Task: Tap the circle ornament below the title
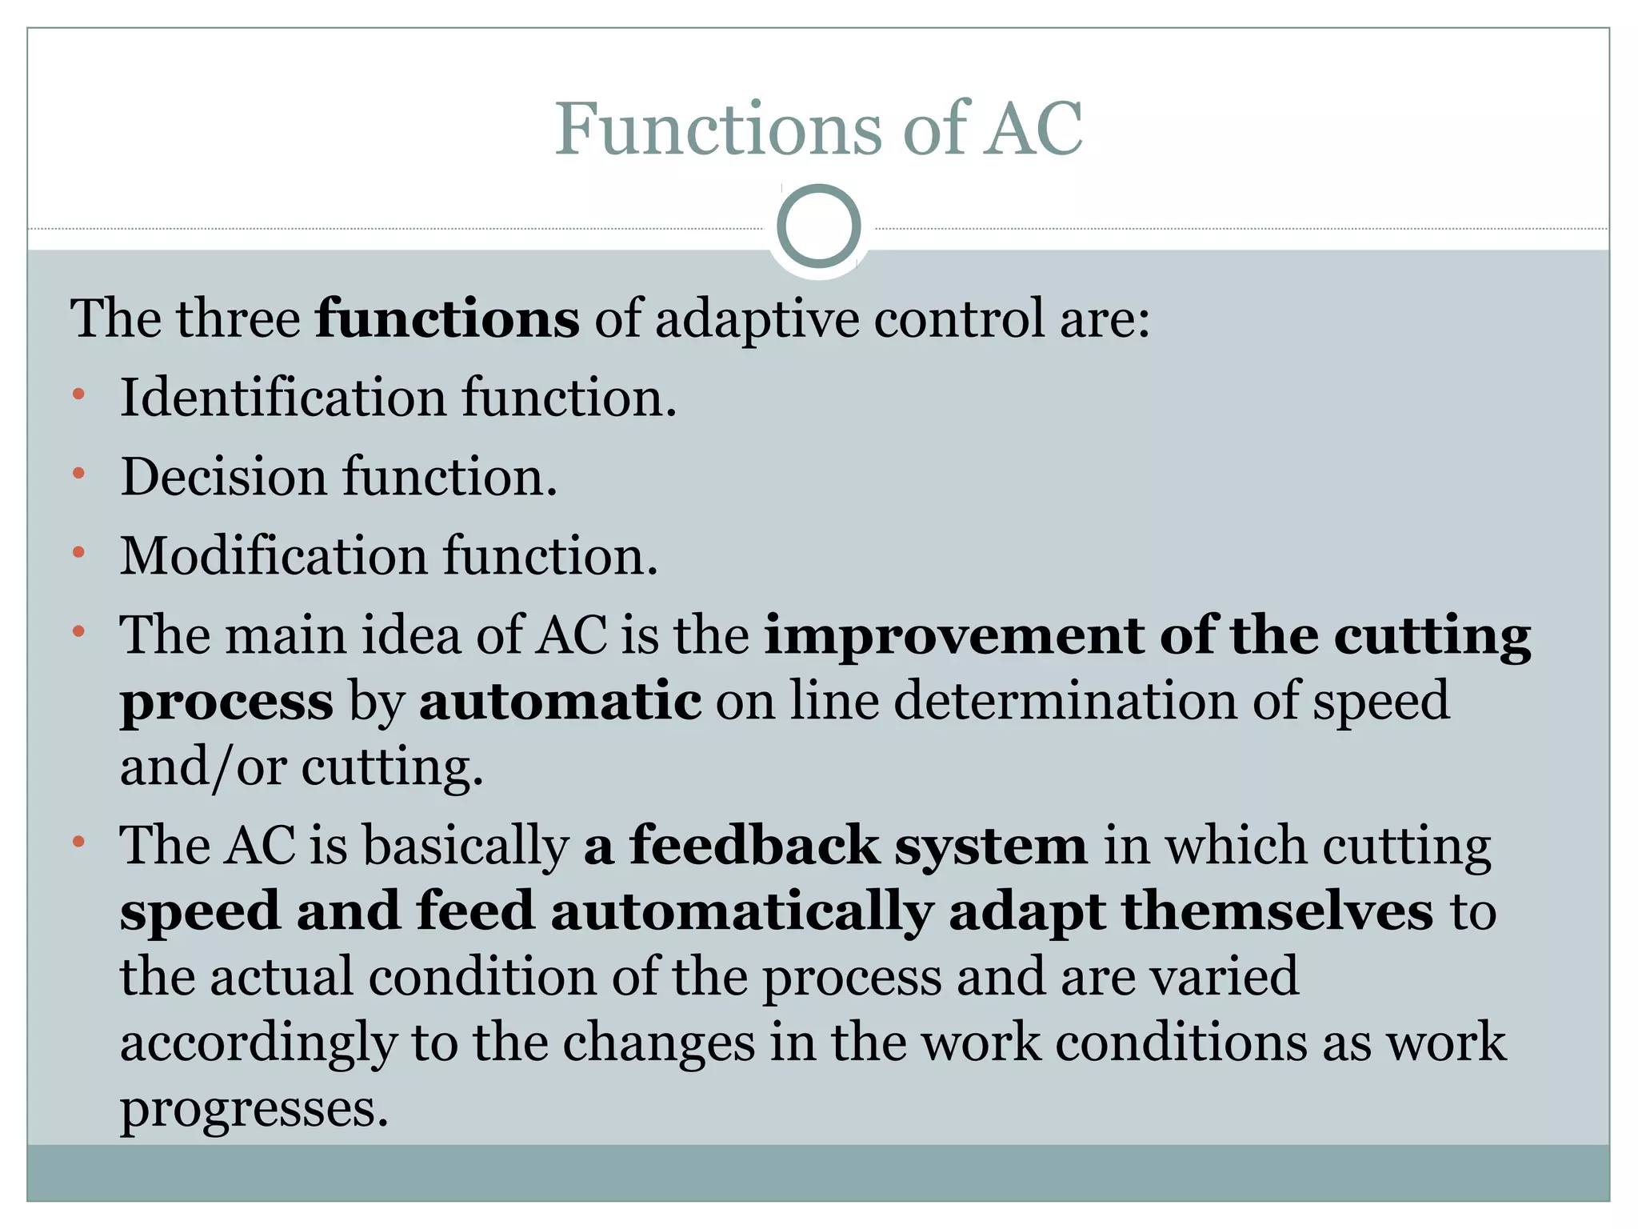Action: pyautogui.click(x=818, y=226)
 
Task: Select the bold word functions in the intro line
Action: pyautogui.click(x=447, y=318)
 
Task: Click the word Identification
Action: pyautogui.click(x=283, y=397)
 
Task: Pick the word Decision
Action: pyautogui.click(x=224, y=477)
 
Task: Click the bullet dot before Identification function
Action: pyautogui.click(x=78, y=394)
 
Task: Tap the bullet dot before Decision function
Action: pyautogui.click(x=78, y=474)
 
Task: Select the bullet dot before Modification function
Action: pyautogui.click(x=78, y=552)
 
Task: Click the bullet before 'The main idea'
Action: pyautogui.click(x=78, y=632)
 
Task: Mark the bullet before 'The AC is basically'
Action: pyautogui.click(x=78, y=842)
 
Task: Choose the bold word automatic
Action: pyautogui.click(x=560, y=701)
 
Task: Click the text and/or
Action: pyautogui.click(x=203, y=767)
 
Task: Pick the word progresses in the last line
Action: pyautogui.click(x=254, y=1109)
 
